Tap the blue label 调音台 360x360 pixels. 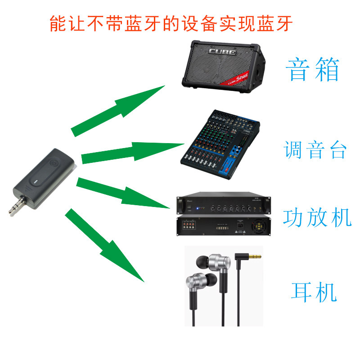(315, 150)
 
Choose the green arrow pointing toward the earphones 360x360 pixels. (106, 245)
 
